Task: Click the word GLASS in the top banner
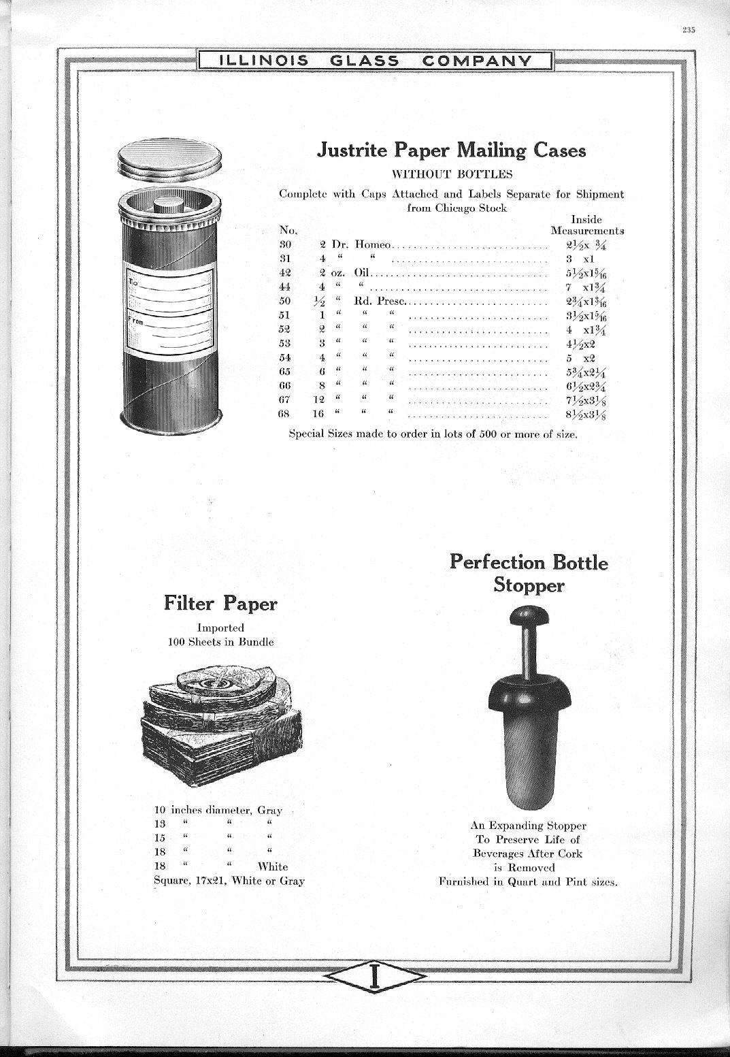click(364, 61)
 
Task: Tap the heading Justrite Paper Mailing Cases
click(452, 150)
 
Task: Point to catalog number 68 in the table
click(286, 414)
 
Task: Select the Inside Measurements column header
click(586, 225)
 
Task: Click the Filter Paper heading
click(220, 604)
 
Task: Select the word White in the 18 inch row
click(272, 866)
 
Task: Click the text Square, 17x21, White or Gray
click(229, 881)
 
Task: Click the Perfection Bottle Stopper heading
click(529, 573)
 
